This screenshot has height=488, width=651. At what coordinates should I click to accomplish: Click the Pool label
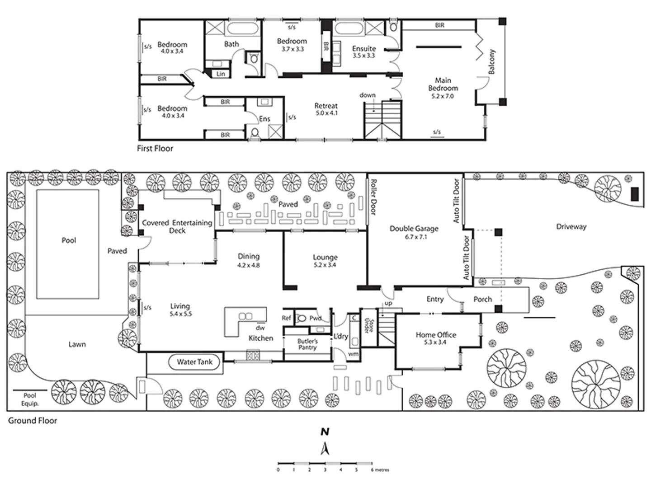(69, 240)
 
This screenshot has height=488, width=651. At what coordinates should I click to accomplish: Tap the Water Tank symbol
(194, 362)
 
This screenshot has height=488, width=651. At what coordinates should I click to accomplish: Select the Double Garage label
(414, 229)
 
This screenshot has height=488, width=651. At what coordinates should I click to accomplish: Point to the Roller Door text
(373, 197)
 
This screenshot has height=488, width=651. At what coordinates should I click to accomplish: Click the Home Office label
(436, 335)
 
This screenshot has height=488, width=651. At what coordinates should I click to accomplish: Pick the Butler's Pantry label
(307, 344)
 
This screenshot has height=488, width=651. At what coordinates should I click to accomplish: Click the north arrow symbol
(325, 448)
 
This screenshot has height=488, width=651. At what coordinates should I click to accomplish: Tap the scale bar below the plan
(325, 463)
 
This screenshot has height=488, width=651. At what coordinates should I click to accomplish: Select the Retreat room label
(326, 106)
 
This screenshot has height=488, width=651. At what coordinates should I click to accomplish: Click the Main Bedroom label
(443, 84)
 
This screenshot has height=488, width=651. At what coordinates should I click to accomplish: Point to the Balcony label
(492, 62)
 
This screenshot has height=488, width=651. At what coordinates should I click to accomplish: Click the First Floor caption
(155, 148)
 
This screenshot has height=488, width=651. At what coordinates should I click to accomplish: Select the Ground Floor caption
(33, 421)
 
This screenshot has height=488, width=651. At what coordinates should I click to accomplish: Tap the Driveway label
(571, 227)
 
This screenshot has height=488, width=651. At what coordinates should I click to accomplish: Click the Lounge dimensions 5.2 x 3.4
(325, 265)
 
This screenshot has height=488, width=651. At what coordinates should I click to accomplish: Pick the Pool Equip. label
(30, 399)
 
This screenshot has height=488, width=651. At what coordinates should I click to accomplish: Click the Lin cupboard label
(221, 74)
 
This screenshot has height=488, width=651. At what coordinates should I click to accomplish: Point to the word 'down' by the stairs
(368, 95)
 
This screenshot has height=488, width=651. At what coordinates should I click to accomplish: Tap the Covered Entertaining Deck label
(177, 226)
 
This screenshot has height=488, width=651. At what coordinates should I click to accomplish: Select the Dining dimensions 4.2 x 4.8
(249, 265)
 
